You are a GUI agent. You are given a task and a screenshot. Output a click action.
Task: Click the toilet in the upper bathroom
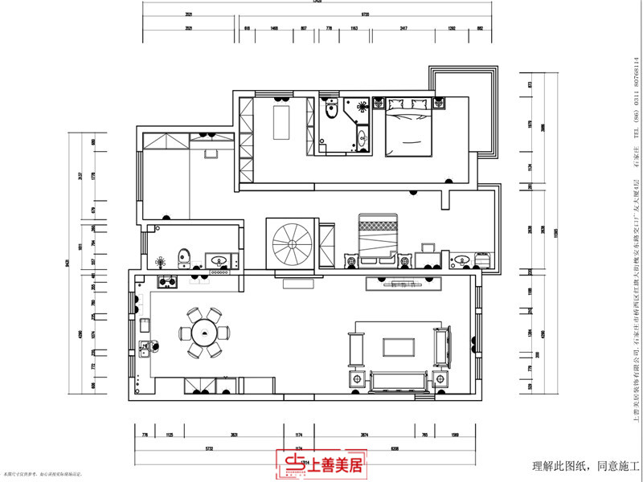[330, 110]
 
